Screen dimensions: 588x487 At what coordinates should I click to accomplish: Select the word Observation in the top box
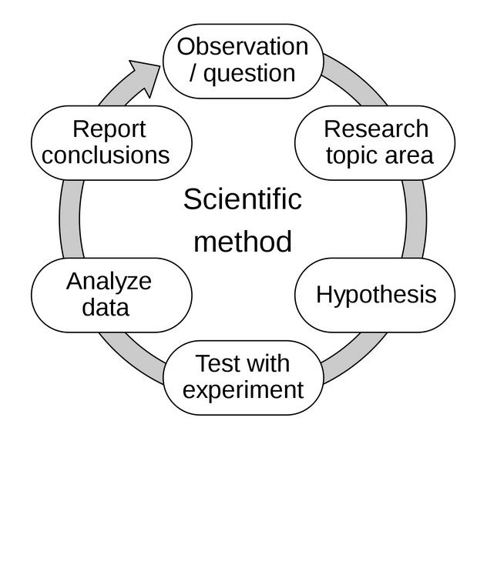[x=243, y=46]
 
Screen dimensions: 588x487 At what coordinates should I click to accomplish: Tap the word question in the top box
[x=249, y=73]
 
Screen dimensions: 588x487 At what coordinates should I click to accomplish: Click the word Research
[x=375, y=129]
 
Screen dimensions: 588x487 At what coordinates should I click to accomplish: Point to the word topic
[x=352, y=155]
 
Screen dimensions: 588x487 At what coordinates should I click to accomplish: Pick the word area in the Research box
[x=408, y=155]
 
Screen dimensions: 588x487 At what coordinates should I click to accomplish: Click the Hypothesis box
[x=375, y=295]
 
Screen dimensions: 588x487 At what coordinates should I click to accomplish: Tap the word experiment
[x=243, y=389]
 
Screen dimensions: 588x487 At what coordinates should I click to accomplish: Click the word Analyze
[x=109, y=281]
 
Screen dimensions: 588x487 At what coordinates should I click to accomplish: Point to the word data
[x=106, y=308]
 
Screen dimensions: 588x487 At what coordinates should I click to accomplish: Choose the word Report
[x=109, y=129]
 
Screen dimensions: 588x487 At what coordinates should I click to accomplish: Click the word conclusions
[x=106, y=155]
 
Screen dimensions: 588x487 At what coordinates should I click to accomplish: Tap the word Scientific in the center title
[x=242, y=199]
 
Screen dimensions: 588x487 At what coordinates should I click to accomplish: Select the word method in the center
[x=242, y=242]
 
